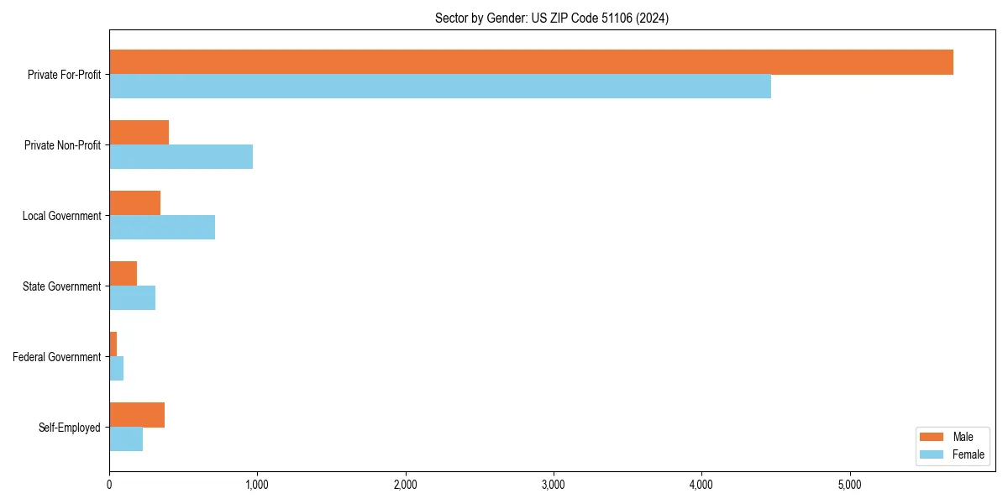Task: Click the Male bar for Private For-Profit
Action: point(531,62)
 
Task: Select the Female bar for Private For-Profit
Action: point(440,87)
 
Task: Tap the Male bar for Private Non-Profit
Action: point(139,133)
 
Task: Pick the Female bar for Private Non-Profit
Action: point(181,157)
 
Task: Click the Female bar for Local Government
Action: point(162,228)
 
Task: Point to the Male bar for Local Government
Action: point(134,203)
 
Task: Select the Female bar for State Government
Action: point(132,298)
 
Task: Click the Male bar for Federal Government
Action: point(113,344)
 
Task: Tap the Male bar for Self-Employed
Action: point(137,415)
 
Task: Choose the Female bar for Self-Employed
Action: point(126,439)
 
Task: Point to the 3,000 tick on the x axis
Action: point(553,484)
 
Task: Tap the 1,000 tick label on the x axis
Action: point(257,484)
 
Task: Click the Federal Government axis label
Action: point(57,357)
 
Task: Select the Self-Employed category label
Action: point(70,428)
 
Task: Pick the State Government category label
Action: point(62,286)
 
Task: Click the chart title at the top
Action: point(552,18)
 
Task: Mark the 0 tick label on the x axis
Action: point(109,484)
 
